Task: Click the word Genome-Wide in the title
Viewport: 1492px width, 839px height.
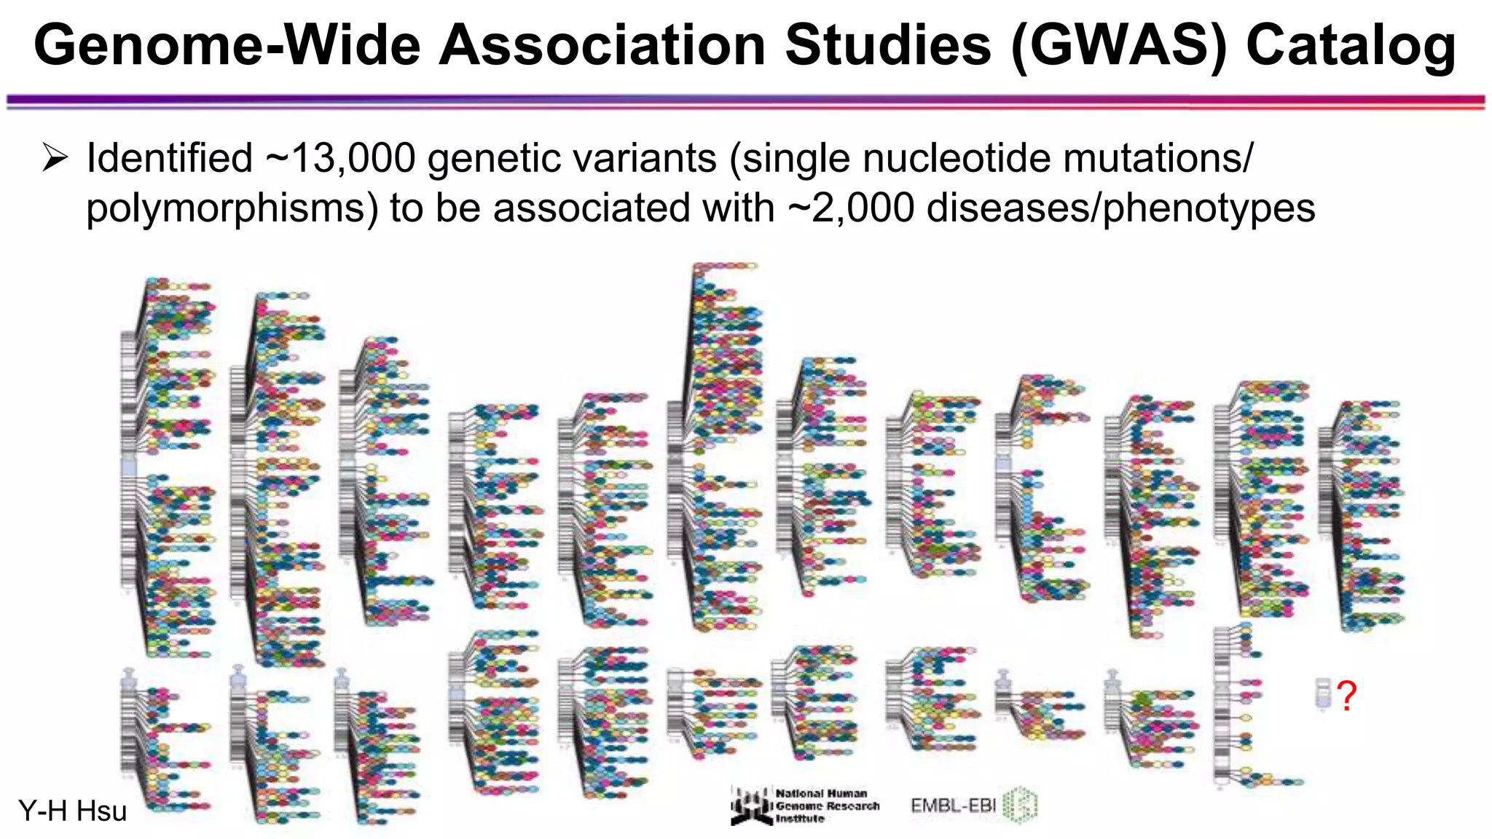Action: (227, 45)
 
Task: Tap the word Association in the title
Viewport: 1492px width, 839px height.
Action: (602, 45)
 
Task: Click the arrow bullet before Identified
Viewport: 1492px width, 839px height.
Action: (55, 157)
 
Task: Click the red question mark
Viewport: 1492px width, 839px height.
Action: (1347, 696)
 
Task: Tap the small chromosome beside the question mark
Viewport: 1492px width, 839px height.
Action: (1322, 693)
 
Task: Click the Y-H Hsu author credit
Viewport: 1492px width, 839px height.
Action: (72, 811)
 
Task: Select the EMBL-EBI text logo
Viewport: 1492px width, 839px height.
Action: (953, 805)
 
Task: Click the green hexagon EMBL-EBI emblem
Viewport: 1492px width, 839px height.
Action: (1020, 805)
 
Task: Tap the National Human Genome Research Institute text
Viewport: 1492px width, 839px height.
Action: (826, 805)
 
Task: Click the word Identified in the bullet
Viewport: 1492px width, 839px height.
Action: (170, 159)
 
